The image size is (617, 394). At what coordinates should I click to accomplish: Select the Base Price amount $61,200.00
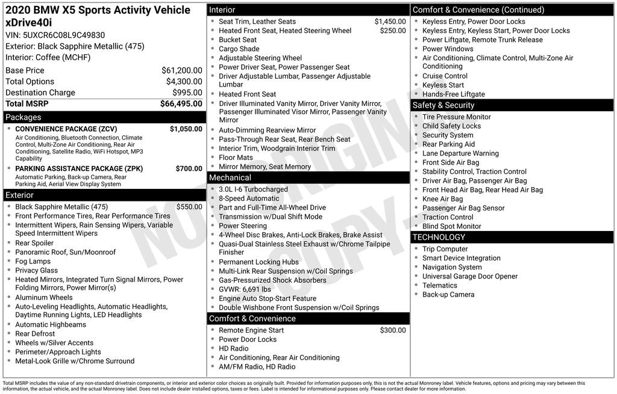point(181,70)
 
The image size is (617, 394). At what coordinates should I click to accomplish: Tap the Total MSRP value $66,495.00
point(181,103)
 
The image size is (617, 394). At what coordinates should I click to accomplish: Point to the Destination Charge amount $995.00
point(187,93)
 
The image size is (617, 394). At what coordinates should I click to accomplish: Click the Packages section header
point(23,117)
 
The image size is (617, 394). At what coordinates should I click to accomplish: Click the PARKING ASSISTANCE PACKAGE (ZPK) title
point(79,169)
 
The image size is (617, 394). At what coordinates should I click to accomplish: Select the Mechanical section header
point(230,177)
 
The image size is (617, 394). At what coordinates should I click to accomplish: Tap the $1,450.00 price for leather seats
point(390,22)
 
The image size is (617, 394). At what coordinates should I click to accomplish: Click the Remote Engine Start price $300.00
point(393,330)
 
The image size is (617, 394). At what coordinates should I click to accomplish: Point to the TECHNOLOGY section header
point(439,237)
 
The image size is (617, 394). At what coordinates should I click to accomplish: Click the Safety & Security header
point(443,105)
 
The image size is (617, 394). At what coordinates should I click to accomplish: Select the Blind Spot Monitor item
point(451,226)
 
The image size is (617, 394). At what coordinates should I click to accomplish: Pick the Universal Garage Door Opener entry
point(470,276)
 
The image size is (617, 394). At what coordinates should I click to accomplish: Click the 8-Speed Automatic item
point(249,199)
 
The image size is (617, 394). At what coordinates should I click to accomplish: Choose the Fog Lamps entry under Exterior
point(33,262)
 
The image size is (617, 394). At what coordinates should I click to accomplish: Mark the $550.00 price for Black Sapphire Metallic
point(189,207)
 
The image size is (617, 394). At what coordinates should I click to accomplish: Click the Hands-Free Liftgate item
point(453,94)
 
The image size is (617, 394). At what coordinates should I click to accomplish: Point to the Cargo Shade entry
point(239,49)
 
